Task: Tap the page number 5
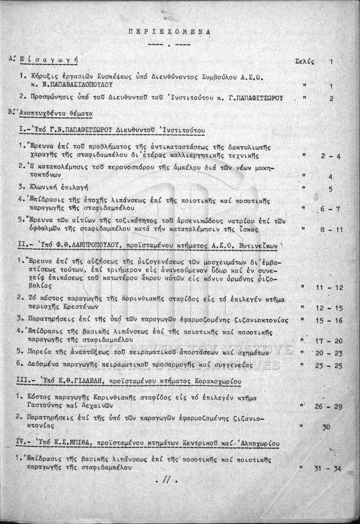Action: point(331,190)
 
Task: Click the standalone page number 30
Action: point(326,427)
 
